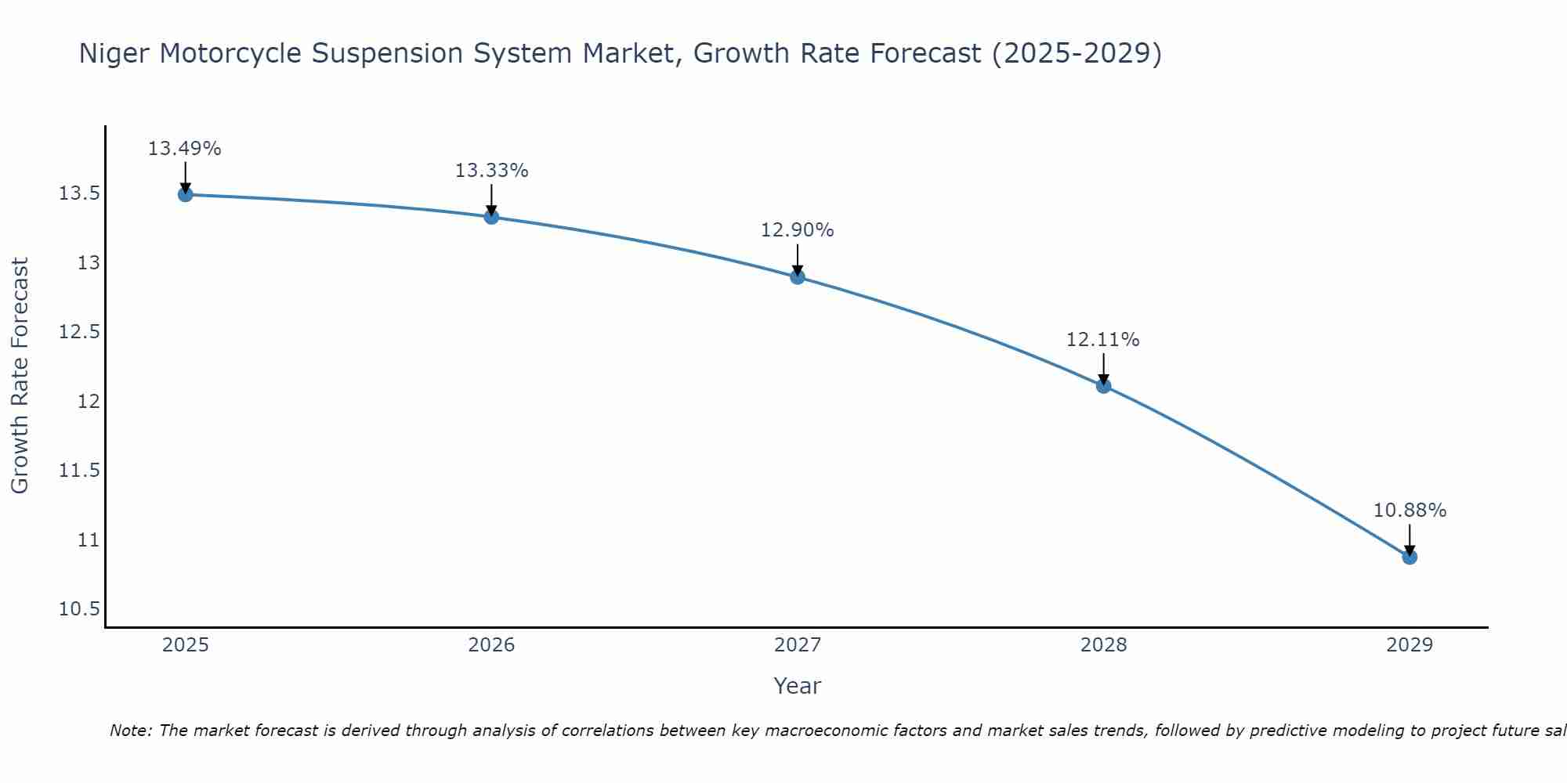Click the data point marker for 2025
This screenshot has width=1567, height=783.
[x=186, y=194]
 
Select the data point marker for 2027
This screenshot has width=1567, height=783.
[x=798, y=276]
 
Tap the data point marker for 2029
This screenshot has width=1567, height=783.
[x=1410, y=557]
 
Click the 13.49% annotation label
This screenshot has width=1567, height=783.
[x=185, y=149]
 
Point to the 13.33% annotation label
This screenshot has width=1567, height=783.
[x=491, y=171]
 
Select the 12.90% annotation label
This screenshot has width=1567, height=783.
[x=797, y=230]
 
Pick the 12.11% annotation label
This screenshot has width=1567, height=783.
[x=1102, y=340]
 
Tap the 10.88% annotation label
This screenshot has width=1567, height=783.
[x=1410, y=511]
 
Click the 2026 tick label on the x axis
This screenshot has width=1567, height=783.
[x=491, y=645]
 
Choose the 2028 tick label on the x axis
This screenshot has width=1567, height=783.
[x=1103, y=645]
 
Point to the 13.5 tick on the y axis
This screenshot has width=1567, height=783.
[x=79, y=193]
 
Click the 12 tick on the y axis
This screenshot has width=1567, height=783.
[x=89, y=401]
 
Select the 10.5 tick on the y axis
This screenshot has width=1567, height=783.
[x=79, y=609]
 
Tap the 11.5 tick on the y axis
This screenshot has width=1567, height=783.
[x=79, y=470]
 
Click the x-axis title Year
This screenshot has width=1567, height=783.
[x=797, y=686]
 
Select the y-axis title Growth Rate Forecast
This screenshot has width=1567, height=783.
[x=20, y=375]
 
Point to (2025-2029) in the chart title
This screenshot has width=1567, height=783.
[x=1076, y=53]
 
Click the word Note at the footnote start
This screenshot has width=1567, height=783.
[x=130, y=731]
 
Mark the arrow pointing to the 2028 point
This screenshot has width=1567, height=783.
[x=1103, y=368]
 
